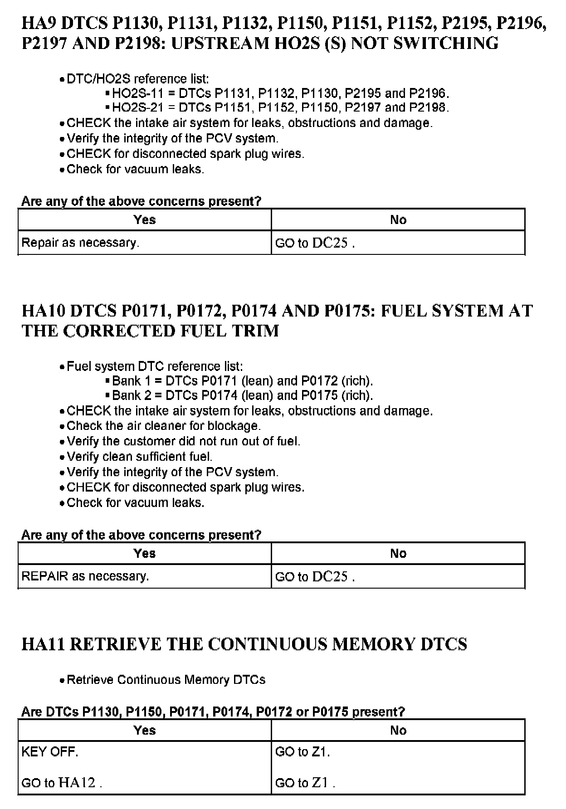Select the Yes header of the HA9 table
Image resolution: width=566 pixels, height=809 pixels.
[145, 220]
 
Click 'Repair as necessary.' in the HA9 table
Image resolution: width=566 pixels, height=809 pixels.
[80, 243]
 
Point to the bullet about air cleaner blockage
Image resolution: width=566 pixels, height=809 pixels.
[163, 426]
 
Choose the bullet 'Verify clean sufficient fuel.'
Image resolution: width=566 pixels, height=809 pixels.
[139, 457]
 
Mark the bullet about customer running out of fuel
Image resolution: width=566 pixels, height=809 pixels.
[183, 441]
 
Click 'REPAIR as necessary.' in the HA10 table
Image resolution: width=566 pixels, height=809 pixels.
[85, 576]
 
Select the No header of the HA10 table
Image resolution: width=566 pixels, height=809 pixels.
[398, 554]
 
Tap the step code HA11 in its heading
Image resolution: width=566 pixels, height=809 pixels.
[44, 644]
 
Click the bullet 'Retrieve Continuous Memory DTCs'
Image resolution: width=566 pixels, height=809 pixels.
[166, 680]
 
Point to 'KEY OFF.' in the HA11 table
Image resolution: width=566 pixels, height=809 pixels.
[50, 752]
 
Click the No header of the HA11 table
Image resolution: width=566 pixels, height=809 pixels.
[398, 731]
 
